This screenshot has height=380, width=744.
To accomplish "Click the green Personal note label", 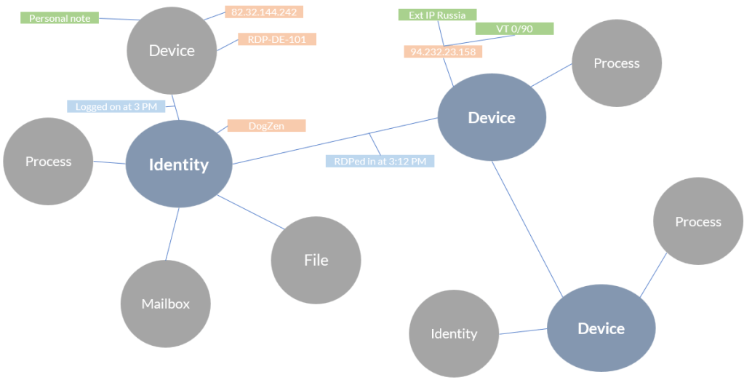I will pyautogui.click(x=60, y=18).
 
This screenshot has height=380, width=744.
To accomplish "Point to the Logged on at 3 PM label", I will pyautogui.click(x=116, y=106).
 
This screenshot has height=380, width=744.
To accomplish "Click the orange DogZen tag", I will pyautogui.click(x=266, y=126).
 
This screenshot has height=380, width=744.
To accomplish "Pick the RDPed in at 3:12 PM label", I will pyautogui.click(x=379, y=161).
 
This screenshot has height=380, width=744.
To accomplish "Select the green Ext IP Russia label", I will pyautogui.click(x=437, y=15).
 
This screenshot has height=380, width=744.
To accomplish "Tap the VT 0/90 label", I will pyautogui.click(x=514, y=28).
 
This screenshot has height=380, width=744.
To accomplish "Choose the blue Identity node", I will pyautogui.click(x=179, y=165).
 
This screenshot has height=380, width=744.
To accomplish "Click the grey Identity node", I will pyautogui.click(x=454, y=333).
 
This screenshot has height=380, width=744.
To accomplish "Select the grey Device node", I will pyautogui.click(x=172, y=50).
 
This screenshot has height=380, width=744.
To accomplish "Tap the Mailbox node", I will pyautogui.click(x=166, y=304).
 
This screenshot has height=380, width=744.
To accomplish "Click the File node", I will pyautogui.click(x=316, y=260).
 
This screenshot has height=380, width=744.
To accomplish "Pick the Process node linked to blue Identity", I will pyautogui.click(x=48, y=161).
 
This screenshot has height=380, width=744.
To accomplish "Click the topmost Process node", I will pyautogui.click(x=617, y=63).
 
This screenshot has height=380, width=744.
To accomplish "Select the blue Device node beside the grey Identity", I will pyautogui.click(x=601, y=328).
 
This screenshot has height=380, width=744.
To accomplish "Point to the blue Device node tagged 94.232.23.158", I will pyautogui.click(x=492, y=118).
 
